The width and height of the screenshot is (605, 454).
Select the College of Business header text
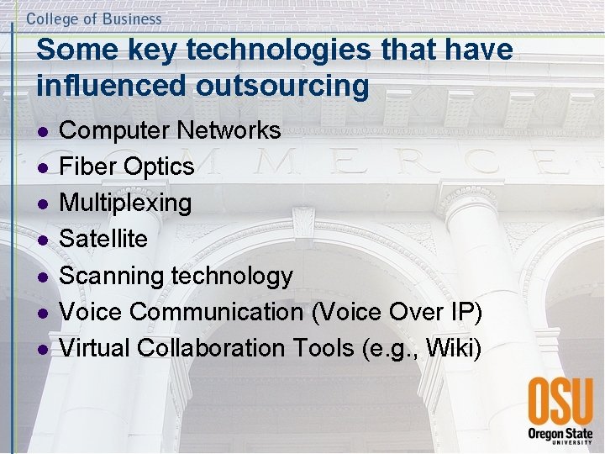click(x=94, y=18)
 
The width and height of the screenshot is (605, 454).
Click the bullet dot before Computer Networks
click(x=43, y=132)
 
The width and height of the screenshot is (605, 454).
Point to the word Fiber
click(x=89, y=166)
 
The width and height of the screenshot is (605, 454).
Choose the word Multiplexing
click(x=126, y=203)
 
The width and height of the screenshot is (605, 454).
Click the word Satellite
click(x=104, y=239)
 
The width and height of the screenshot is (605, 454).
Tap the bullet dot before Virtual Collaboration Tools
click(x=43, y=349)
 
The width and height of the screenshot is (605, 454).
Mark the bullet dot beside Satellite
click(x=43, y=240)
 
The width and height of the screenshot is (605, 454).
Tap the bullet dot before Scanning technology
click(x=43, y=277)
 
